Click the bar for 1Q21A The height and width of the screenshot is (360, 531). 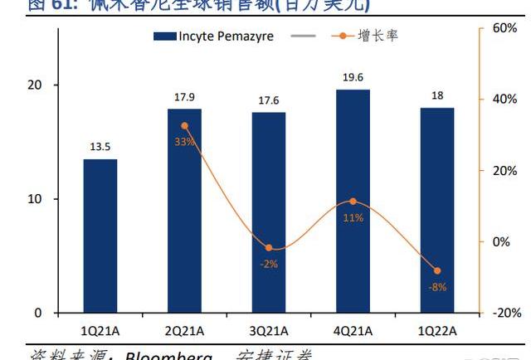click(x=100, y=236)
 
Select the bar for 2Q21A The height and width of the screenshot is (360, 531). click(x=184, y=211)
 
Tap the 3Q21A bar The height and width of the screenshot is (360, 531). click(x=269, y=212)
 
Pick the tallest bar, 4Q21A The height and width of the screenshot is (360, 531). click(x=353, y=201)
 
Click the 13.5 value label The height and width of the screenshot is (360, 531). click(x=100, y=147)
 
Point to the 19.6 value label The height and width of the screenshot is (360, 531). click(x=353, y=77)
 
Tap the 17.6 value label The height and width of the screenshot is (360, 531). click(x=269, y=100)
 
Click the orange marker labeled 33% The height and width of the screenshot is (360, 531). click(x=184, y=126)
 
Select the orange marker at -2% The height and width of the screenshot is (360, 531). click(x=269, y=248)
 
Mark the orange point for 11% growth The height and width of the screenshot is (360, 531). click(x=353, y=202)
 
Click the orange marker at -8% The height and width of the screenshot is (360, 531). click(x=437, y=270)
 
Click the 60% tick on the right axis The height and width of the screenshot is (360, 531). click(x=504, y=28)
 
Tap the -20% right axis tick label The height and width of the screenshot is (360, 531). click(x=506, y=313)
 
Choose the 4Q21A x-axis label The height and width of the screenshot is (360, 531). click(x=353, y=330)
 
